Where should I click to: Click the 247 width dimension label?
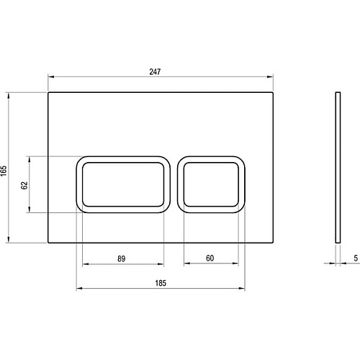coord(155,71)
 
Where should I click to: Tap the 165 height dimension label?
coord(4,171)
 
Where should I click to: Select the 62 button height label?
coord(24,185)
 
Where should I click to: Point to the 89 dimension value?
coord(122,258)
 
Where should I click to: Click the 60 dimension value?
coord(210,258)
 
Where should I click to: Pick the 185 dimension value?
coord(161,283)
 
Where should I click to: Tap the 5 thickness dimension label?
coord(356,258)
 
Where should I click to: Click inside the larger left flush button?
coord(123,184)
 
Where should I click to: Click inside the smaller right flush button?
coord(211,184)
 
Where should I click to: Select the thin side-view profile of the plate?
coord(338,167)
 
